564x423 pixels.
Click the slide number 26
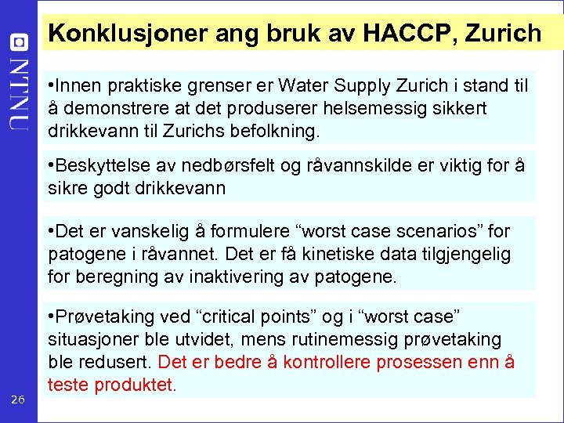click(18, 400)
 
